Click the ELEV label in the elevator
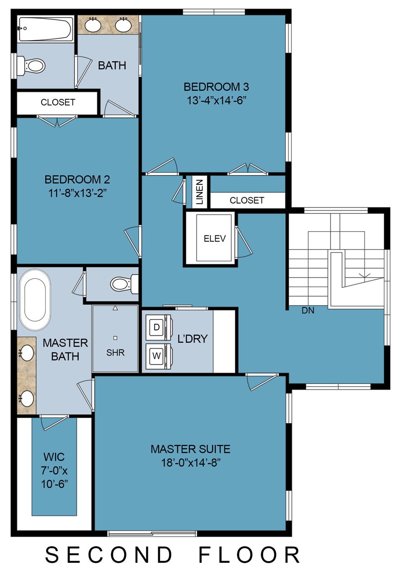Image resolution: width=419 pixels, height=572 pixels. [215, 239]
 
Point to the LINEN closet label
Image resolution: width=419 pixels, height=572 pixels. [199, 192]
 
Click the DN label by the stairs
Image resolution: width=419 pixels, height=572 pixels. [308, 311]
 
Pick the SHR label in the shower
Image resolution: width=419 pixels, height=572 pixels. [116, 353]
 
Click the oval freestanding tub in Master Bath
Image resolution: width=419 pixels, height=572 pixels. [35, 299]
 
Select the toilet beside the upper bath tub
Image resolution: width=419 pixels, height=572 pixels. [31, 66]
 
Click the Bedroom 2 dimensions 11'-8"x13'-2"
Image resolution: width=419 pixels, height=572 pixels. [77, 193]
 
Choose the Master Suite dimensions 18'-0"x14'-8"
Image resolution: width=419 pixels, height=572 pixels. [191, 462]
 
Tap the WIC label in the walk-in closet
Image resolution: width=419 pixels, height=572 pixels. [54, 457]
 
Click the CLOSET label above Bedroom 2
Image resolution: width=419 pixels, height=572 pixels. [58, 103]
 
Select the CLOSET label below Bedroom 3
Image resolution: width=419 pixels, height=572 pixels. [247, 201]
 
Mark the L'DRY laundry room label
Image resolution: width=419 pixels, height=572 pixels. [192, 339]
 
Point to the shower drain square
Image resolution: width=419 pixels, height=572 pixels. [115, 338]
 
